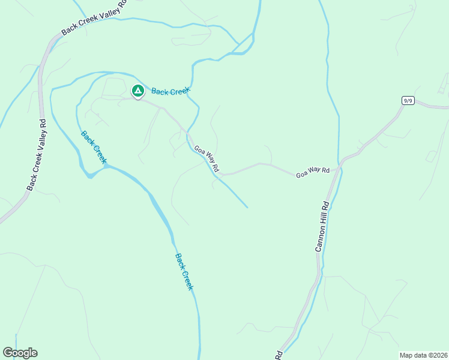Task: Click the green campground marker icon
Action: point(137,91)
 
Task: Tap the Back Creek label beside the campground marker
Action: point(170,91)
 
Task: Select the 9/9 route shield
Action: point(408,100)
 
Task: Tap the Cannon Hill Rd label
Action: point(322,226)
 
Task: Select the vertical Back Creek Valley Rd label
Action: point(36,155)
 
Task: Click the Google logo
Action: point(20,353)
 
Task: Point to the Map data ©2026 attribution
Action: point(423,355)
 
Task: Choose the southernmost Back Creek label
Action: point(184,272)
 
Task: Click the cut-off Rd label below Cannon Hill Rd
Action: point(279,355)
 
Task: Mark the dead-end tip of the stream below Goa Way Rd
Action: point(247,208)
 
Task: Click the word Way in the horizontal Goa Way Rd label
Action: point(314,173)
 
